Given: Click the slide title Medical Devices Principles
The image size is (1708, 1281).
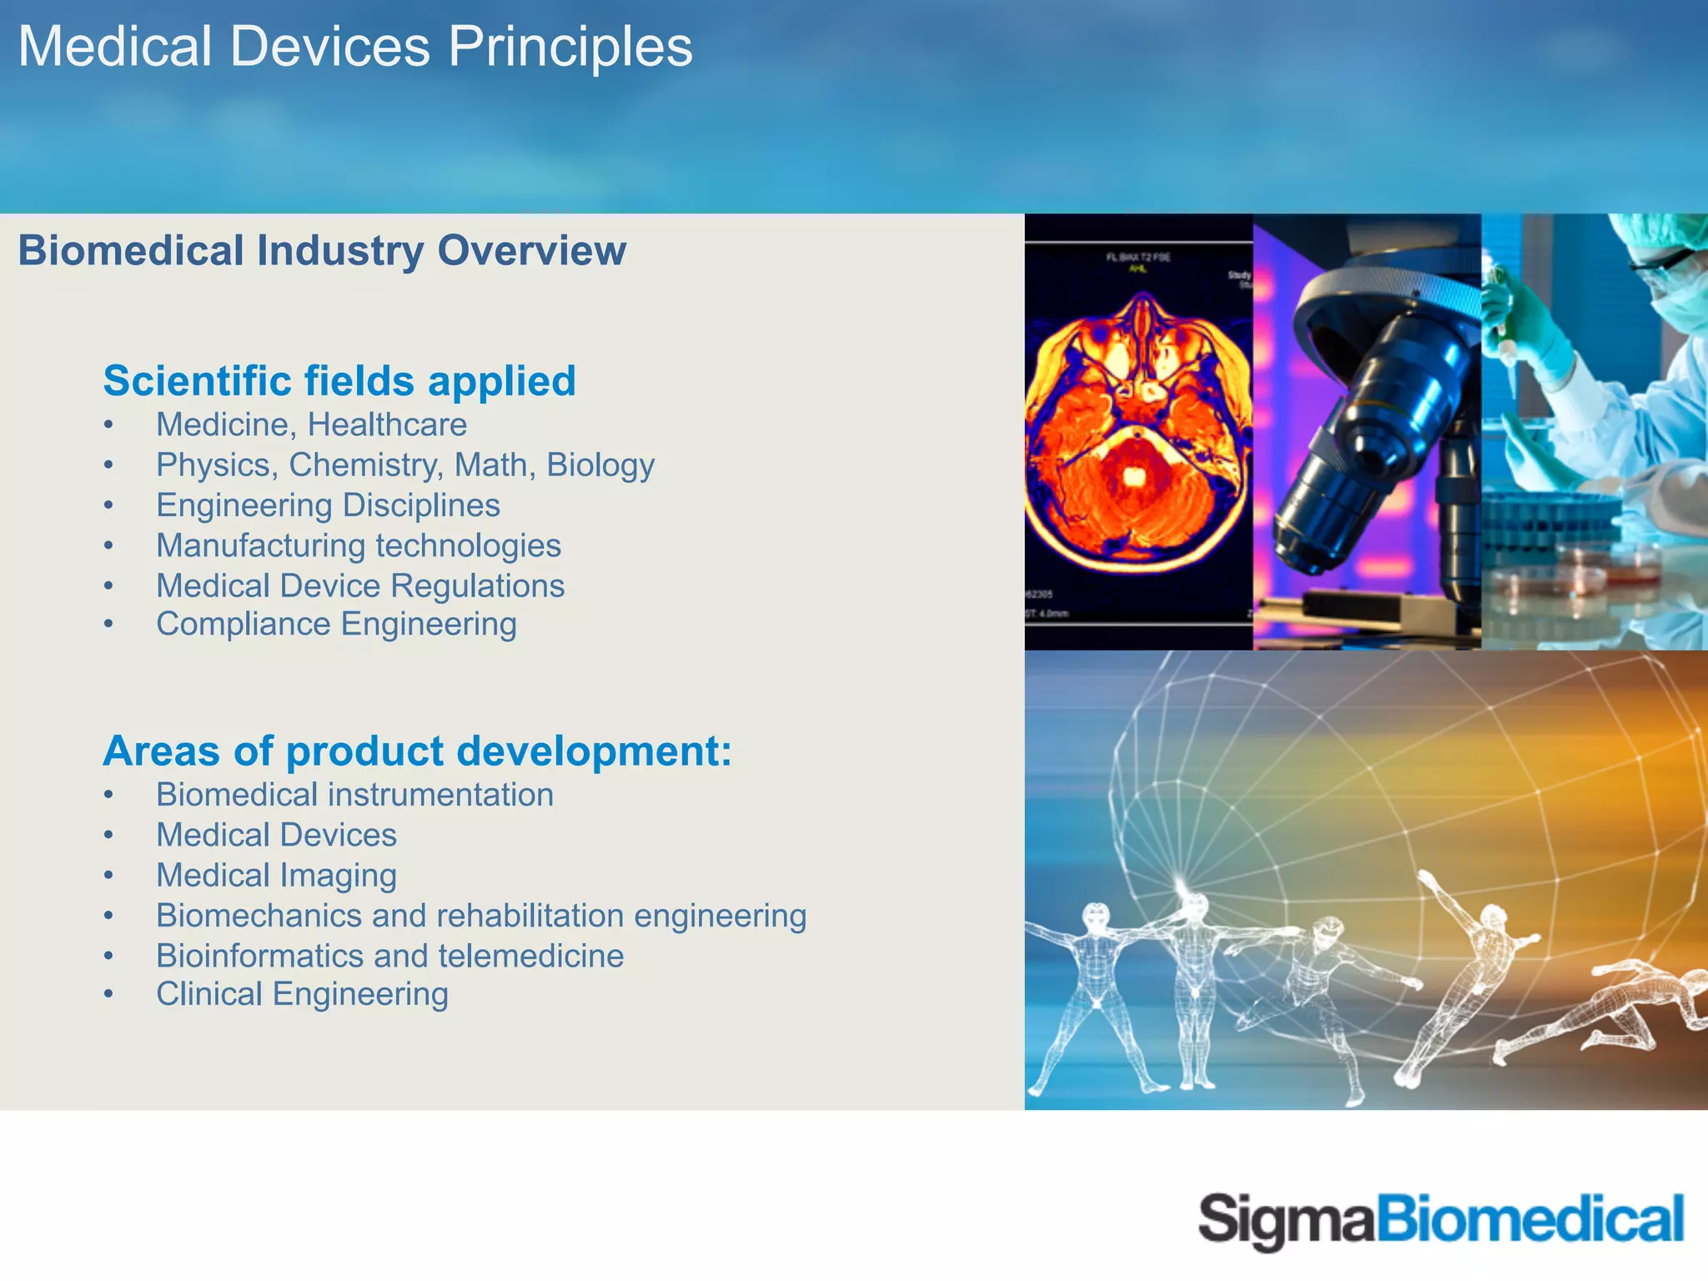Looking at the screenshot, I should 354,47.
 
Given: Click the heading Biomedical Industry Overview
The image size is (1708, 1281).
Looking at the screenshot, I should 322,250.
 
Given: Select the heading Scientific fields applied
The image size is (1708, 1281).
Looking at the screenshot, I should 339,381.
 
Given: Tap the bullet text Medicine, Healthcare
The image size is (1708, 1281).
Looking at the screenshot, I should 311,424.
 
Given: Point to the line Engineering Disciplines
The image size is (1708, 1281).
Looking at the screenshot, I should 328,505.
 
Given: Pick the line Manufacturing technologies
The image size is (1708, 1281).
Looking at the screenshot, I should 359,545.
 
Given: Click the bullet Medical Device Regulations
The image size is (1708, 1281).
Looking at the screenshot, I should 360,585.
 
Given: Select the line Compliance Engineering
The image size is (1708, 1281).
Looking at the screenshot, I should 336,624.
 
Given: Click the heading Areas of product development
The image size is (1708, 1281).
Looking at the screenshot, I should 417,751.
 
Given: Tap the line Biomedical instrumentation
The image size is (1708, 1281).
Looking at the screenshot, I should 354,795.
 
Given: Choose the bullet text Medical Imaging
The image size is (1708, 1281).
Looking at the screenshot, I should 276,875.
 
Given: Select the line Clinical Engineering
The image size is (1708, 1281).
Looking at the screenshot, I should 302,994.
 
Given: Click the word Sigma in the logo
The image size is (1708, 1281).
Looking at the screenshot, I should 1285,1220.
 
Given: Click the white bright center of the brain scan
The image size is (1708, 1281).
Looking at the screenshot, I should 1134,476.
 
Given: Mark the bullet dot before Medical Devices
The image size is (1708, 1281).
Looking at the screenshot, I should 108,836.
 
